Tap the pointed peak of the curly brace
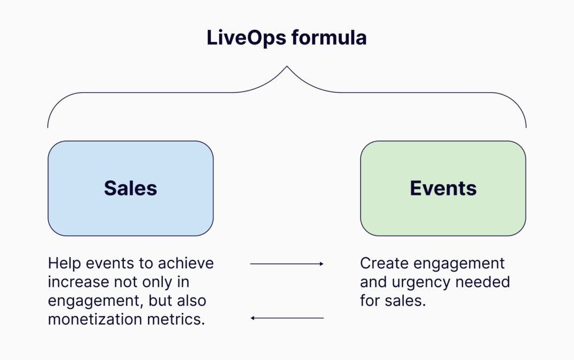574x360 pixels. pos(286,67)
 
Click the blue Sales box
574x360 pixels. pos(130,188)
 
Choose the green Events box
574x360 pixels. pos(443,188)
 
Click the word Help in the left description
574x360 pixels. pos(63,264)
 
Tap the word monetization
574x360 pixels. pos(94,319)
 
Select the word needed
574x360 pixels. pos(483,282)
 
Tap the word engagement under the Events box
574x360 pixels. pos(460,264)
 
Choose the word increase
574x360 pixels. pos(78,282)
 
